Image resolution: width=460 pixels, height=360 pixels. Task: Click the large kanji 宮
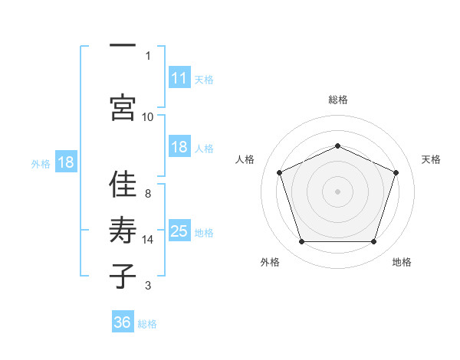point(123,107)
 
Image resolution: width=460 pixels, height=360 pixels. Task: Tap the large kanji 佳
point(123,184)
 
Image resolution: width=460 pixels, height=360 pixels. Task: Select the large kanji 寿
point(123,230)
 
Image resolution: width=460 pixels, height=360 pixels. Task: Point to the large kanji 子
point(123,276)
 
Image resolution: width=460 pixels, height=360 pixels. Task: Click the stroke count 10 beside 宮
point(147,117)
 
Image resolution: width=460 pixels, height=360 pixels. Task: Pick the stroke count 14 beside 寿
point(147,240)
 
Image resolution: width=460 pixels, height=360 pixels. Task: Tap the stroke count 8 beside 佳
point(148,194)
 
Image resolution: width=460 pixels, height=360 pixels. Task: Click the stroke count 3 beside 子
point(148,286)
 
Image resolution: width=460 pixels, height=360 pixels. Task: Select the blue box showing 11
point(179,77)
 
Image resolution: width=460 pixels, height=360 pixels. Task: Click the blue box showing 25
point(179,230)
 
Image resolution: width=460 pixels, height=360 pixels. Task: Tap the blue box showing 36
point(123,321)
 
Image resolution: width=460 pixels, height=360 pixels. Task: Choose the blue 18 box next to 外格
point(66,162)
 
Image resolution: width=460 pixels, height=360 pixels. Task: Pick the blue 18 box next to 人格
point(179,146)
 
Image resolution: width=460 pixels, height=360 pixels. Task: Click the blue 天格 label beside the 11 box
point(204,80)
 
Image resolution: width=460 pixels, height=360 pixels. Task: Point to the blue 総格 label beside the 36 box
point(147,324)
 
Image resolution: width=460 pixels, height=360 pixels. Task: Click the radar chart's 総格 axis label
point(338,100)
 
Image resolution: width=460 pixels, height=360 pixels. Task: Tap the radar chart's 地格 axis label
point(402,262)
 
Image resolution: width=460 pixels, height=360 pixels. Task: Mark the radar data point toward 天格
point(396,172)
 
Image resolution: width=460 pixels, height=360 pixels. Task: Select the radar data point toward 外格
point(302,241)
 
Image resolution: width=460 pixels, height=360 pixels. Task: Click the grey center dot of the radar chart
point(337,191)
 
